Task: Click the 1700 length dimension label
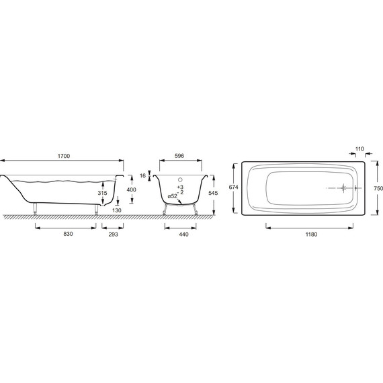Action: (64, 156)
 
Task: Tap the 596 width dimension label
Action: (179, 156)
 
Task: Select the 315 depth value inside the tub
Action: (102, 193)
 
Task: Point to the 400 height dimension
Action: (132, 189)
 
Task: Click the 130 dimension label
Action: (117, 210)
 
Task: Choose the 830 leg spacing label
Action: (68, 234)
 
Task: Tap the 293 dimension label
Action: (113, 235)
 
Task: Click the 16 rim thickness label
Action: (142, 175)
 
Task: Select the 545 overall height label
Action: (213, 193)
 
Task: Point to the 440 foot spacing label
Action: (183, 235)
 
